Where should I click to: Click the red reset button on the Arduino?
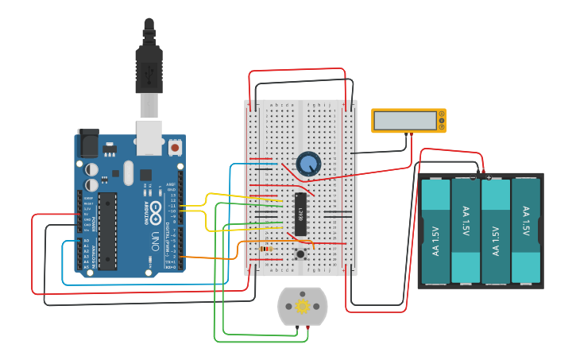(x=175, y=147)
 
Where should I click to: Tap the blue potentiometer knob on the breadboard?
(x=307, y=164)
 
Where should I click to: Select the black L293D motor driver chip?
(x=300, y=213)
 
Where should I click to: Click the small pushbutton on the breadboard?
(x=301, y=254)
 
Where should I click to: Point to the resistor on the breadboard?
(x=265, y=248)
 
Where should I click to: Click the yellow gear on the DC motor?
(x=302, y=306)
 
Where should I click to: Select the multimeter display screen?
(x=404, y=120)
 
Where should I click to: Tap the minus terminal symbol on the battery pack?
(x=474, y=177)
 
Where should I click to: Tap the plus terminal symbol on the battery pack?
(x=488, y=177)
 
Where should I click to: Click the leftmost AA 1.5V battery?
(x=435, y=230)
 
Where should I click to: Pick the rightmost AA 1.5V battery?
(x=525, y=230)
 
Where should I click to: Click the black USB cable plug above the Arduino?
(x=149, y=68)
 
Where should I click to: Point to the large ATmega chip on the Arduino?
(x=107, y=230)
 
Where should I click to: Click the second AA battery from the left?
(x=466, y=230)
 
